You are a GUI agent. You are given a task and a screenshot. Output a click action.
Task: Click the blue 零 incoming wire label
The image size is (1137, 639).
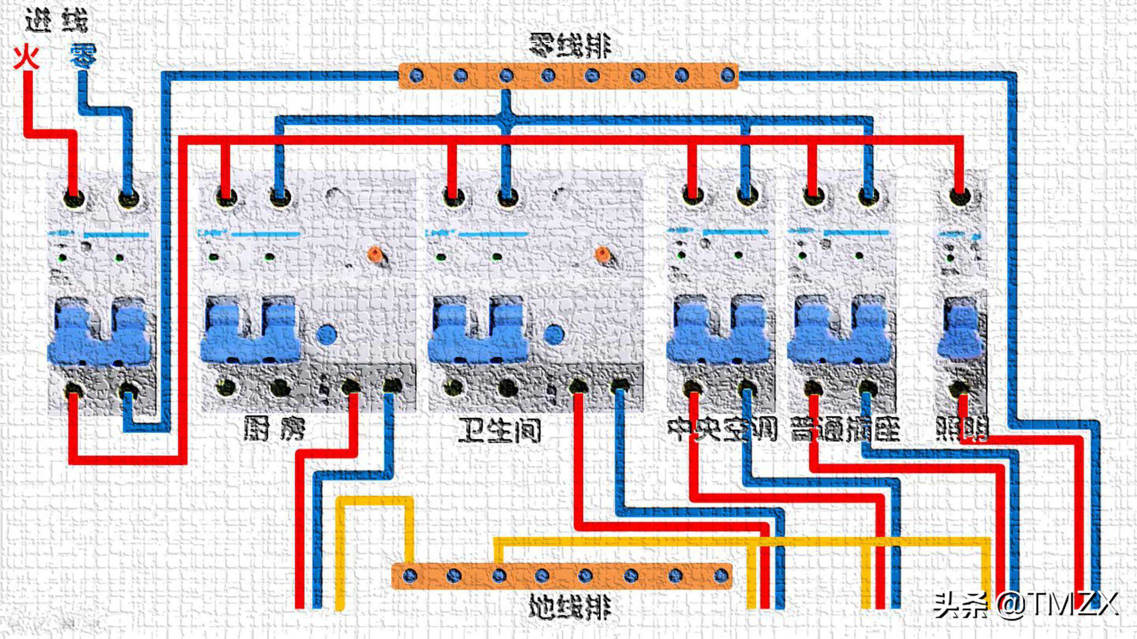coord(83,56)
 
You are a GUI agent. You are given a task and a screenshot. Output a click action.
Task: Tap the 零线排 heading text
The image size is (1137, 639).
coord(569,46)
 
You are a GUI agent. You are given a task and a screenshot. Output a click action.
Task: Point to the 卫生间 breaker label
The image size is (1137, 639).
coord(499,430)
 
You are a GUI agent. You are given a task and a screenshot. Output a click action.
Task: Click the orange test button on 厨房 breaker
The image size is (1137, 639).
coord(375,254)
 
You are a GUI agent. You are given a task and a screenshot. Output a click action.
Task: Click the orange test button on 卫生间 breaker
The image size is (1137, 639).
coord(602,254)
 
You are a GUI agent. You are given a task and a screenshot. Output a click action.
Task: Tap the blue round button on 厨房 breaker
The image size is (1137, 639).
coord(327,335)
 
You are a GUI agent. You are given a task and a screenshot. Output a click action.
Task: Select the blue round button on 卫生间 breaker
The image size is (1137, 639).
coord(553,335)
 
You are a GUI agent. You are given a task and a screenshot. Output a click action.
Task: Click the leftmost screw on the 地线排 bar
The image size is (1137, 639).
coord(410,575)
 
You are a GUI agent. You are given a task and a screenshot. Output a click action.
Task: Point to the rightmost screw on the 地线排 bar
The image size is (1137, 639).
coord(720,575)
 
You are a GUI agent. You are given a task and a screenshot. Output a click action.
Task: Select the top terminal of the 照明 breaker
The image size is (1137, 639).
coord(960,197)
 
